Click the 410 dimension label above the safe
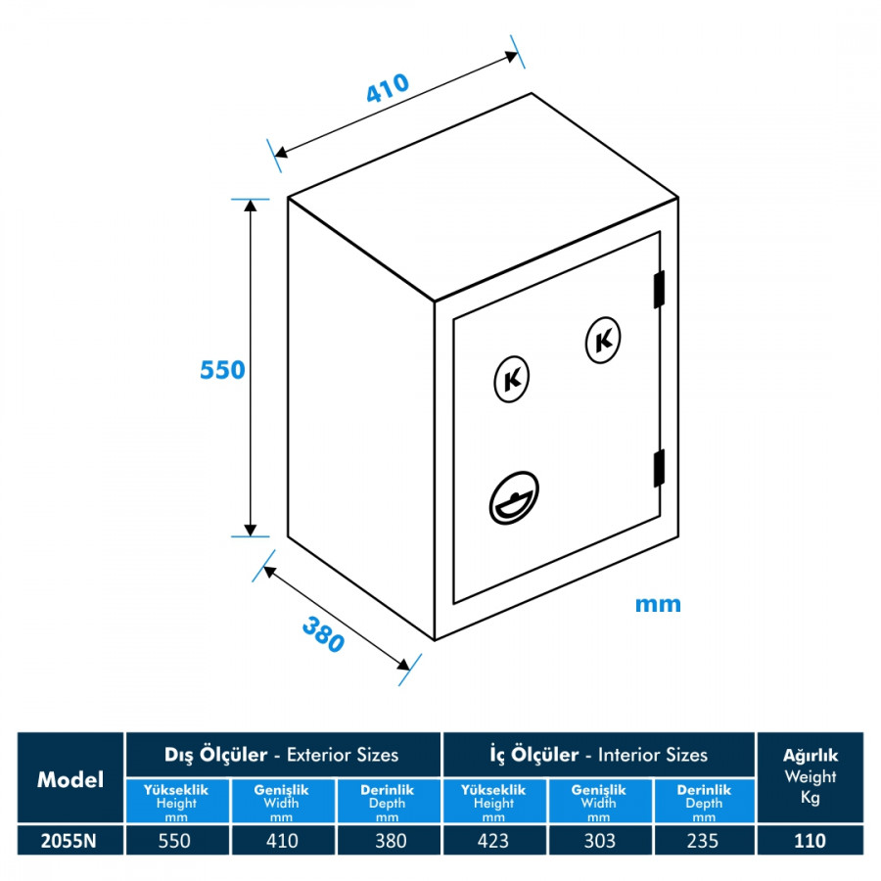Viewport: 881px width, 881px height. (x=387, y=89)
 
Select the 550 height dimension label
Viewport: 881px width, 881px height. (x=222, y=370)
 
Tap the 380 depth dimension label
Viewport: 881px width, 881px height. (x=323, y=634)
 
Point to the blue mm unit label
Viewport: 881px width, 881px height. (x=658, y=604)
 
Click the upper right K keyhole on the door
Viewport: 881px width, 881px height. (x=603, y=340)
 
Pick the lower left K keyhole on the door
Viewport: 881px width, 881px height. (x=511, y=379)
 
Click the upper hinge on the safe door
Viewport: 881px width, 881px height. (x=659, y=289)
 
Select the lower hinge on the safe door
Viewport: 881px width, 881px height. (x=659, y=466)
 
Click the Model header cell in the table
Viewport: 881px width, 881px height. (x=70, y=779)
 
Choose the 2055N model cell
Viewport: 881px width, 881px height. (x=70, y=840)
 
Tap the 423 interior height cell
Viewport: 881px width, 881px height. (x=493, y=840)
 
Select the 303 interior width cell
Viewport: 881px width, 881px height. (x=598, y=840)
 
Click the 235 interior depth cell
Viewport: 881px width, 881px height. (x=703, y=840)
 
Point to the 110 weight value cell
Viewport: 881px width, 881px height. (x=810, y=840)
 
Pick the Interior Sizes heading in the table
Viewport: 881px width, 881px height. (x=598, y=755)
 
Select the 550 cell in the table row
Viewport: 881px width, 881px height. (x=177, y=840)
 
